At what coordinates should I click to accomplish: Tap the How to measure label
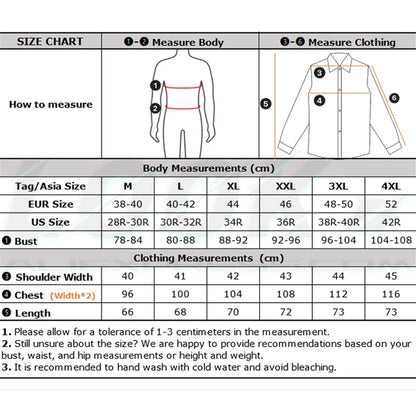[x=50, y=103]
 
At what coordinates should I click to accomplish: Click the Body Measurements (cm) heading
[x=208, y=169]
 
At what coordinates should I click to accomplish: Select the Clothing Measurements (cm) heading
[x=208, y=258]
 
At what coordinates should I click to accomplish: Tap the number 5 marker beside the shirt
[x=265, y=102]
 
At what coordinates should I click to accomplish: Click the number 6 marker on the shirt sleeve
[x=394, y=98]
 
